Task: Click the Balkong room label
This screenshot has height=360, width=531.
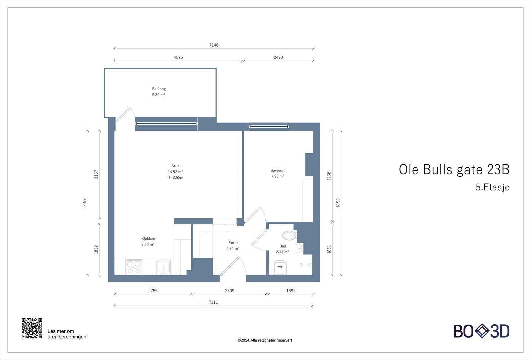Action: point(159,89)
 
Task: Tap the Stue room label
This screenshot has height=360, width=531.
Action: point(175,166)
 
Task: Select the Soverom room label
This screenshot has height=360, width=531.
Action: point(278,170)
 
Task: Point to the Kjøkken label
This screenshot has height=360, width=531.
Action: point(148,239)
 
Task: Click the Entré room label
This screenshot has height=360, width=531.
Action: point(233,243)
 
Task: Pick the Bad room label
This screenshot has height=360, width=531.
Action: point(282,246)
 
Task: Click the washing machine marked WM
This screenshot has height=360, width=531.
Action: point(279,267)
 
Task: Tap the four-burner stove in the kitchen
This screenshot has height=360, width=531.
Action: point(134,267)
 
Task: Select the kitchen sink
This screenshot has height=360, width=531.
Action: point(163,267)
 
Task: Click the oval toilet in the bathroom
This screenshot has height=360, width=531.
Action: point(289,235)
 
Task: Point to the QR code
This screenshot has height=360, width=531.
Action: point(32,328)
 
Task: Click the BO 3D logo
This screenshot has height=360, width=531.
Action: point(482,331)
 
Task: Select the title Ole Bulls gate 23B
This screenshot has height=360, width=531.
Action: point(454,169)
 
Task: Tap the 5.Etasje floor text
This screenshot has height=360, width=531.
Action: point(493,187)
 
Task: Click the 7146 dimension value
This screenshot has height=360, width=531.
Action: point(214,45)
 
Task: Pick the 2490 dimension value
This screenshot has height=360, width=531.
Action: point(278,57)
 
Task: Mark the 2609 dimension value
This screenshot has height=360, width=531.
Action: point(229,291)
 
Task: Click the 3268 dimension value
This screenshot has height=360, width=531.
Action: point(329,176)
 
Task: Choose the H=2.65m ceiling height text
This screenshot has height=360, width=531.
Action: point(175,177)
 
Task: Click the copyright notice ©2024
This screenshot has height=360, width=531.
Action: point(265,340)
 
